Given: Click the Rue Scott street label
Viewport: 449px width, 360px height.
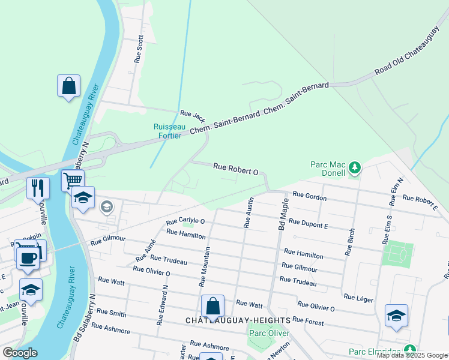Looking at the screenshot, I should (139, 49).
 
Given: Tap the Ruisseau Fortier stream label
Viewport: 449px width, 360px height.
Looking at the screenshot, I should (167, 131).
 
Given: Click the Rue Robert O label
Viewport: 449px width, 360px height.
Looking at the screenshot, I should (236, 170).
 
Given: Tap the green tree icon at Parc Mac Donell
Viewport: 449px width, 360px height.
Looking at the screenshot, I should (355, 167).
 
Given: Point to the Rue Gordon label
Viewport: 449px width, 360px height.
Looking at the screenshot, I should (309, 197).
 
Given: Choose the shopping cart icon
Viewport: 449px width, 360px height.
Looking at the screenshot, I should (73, 179).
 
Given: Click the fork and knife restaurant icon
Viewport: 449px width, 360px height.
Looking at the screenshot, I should (37, 188).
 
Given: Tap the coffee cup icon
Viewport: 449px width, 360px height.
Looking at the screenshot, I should (28, 258).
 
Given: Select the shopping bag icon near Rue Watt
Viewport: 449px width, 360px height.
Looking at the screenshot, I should (212, 306).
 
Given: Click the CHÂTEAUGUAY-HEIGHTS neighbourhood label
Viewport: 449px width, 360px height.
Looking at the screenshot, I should (238, 321).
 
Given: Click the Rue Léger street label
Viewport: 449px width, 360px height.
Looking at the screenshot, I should (358, 298).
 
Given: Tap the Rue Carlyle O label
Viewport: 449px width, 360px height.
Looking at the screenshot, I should (185, 221).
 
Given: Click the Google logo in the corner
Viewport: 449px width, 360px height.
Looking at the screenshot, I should (20, 353).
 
